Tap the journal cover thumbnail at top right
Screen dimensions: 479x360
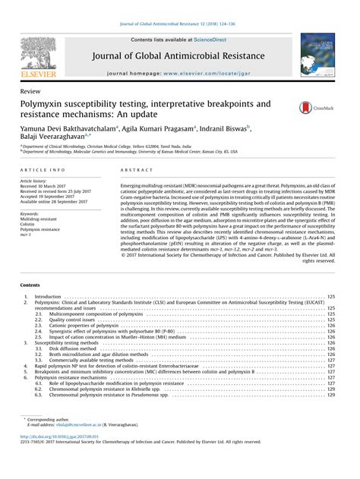[319, 55]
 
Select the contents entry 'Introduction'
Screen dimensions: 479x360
[48, 296]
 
